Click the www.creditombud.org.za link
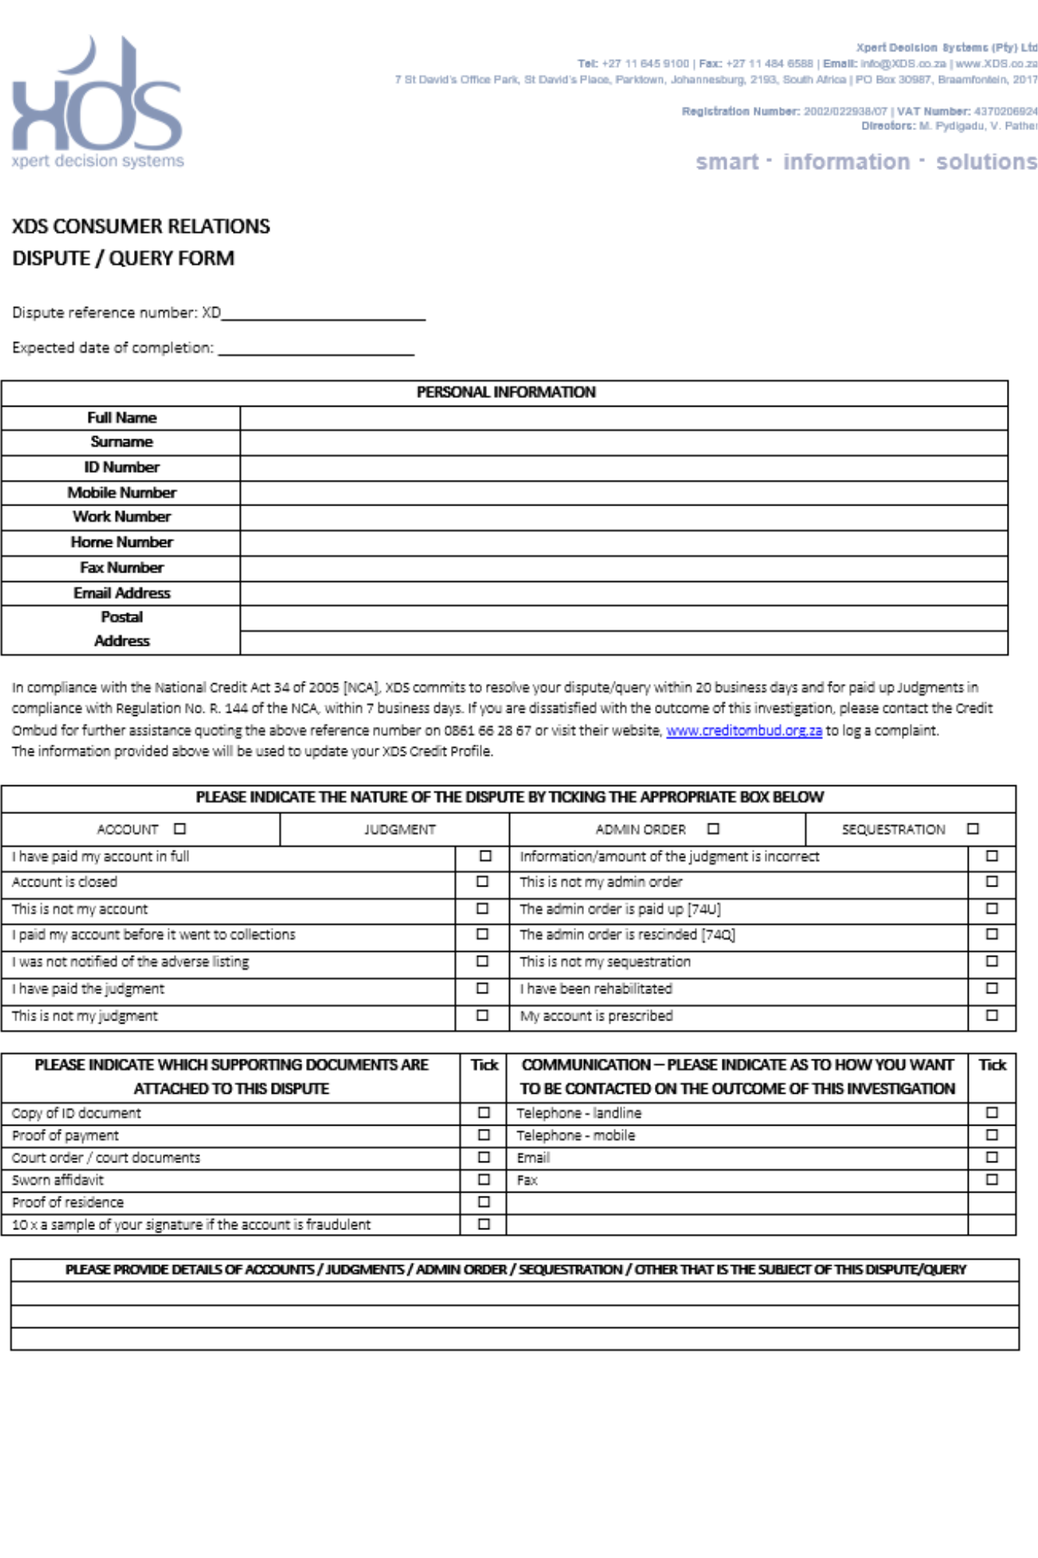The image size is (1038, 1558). point(744,731)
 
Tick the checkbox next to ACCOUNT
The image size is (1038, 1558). point(180,829)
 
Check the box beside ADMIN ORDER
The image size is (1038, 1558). point(713,829)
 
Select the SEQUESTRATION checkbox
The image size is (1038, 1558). point(973,829)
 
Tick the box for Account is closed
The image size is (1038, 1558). point(483,882)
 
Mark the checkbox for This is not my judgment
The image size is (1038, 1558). point(483,1015)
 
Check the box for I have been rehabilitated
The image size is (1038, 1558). point(991,988)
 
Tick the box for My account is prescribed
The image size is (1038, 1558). point(991,1015)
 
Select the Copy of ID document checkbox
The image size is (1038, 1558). point(484,1112)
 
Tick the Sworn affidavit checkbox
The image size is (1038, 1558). point(484,1179)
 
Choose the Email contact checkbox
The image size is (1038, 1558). point(991,1157)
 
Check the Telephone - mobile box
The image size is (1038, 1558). point(991,1135)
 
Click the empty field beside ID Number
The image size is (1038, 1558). point(623,467)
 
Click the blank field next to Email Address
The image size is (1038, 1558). point(623,594)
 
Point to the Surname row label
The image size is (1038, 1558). point(121,442)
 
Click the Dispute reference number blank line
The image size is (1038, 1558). point(323,313)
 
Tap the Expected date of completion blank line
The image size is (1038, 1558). point(315,348)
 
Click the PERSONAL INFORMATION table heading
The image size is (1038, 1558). point(506,393)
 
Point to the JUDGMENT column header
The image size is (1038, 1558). point(399,830)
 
